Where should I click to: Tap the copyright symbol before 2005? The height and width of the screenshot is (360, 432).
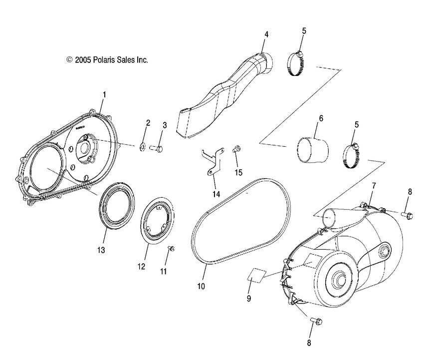pos(69,59)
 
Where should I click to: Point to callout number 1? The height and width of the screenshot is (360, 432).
pos(104,94)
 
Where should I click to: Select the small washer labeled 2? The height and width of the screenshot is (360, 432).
pos(142,147)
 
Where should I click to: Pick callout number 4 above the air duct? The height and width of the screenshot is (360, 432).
pos(266,34)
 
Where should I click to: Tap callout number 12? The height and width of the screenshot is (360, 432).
pos(141,267)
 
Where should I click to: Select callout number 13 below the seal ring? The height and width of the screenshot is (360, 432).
pos(101,250)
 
